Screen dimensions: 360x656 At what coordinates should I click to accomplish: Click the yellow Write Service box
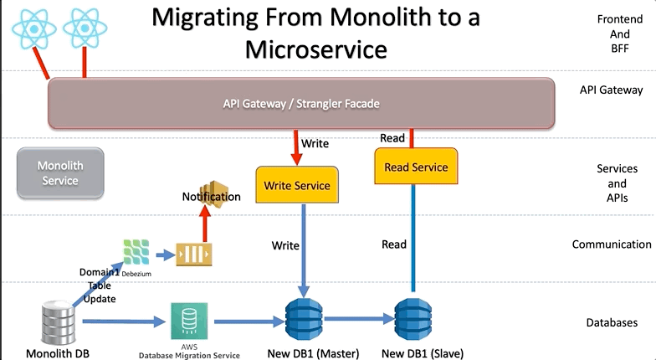pos(297,185)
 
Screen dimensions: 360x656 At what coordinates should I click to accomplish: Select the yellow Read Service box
pos(416,167)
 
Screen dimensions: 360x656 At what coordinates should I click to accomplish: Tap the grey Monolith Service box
pos(60,173)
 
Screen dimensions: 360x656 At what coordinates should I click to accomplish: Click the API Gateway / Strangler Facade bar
pos(301,105)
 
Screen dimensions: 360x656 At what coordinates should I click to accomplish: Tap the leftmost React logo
pos(33,29)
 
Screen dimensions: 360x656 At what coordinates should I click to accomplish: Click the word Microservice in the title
pos(316,49)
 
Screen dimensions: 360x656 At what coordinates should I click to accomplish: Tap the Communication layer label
pos(612,244)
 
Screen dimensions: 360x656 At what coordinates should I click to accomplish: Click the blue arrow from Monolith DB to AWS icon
pos(122,320)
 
